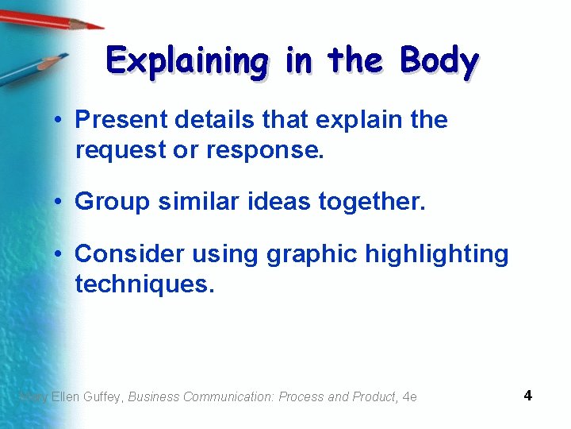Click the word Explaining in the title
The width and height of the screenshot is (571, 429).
tap(187, 61)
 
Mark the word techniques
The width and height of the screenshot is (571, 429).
tap(144, 284)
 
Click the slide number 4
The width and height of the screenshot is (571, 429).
tap(528, 395)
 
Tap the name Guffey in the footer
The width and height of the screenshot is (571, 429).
tap(101, 396)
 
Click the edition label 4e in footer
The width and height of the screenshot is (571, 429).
tap(409, 396)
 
